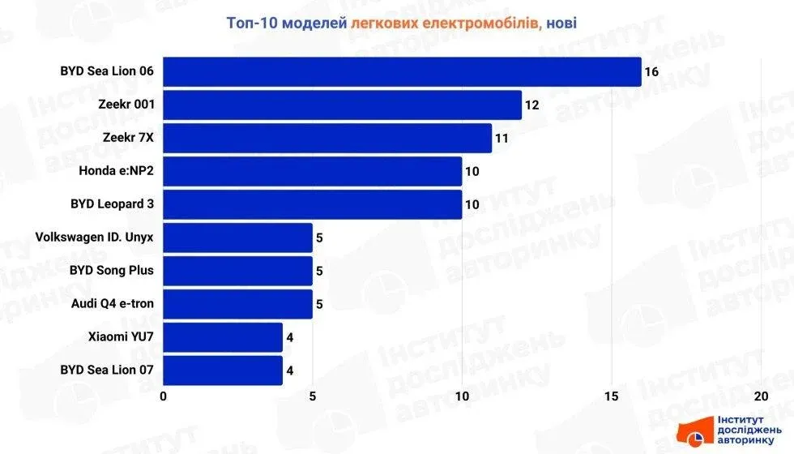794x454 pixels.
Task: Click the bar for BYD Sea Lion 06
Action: (x=402, y=71)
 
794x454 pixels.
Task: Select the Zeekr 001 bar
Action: (x=342, y=105)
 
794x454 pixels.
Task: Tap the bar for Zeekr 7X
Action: (x=327, y=138)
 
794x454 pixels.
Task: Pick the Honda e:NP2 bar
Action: (x=313, y=171)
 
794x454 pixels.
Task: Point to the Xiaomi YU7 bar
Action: (x=223, y=337)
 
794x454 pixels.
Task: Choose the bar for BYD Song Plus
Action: (x=238, y=271)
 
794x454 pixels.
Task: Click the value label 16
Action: (x=651, y=72)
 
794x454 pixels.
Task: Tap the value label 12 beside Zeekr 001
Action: (x=531, y=105)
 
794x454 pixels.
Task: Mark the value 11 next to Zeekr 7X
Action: (x=502, y=139)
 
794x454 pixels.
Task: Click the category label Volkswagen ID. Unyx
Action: (x=95, y=238)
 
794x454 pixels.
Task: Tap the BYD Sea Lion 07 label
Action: (x=107, y=370)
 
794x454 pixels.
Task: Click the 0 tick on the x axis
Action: (x=164, y=396)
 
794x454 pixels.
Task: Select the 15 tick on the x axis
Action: (x=611, y=396)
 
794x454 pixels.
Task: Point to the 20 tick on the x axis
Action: (x=760, y=396)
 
